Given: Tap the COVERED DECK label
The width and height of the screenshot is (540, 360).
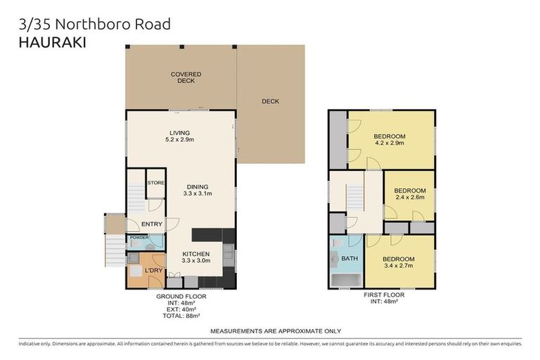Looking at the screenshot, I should point(185,77).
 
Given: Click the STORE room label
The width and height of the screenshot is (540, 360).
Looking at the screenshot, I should point(155,183).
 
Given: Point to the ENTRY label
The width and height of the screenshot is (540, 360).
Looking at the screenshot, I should point(152,224).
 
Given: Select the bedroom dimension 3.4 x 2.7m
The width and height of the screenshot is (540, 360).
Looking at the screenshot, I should point(398,266).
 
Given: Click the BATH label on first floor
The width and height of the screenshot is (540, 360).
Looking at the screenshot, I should point(349,258).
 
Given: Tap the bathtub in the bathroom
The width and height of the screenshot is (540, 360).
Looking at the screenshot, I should point(344,282).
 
